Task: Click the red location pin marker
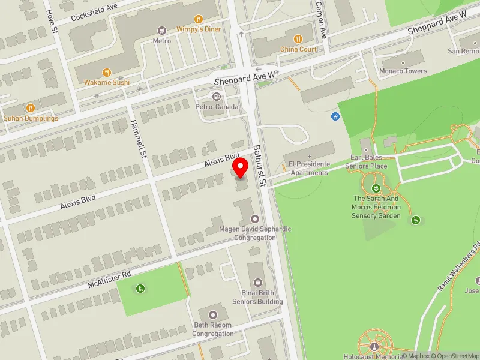[241, 167]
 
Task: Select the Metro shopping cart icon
[161, 30]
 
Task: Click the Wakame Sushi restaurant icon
[107, 72]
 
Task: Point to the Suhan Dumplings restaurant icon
[31, 108]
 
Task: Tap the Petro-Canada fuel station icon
[216, 97]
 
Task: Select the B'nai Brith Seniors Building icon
[258, 282]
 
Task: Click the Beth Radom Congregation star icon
[213, 315]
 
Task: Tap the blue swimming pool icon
[334, 116]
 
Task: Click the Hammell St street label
[139, 139]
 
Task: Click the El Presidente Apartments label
[308, 168]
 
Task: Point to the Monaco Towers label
[403, 71]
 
